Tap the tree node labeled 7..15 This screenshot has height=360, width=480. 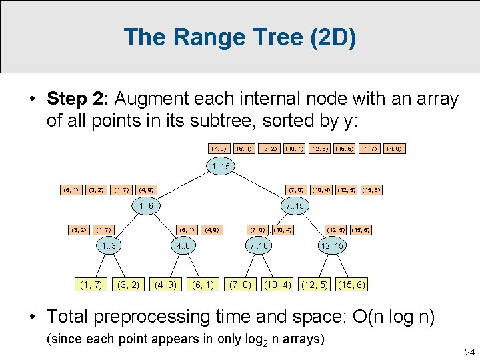point(293,206)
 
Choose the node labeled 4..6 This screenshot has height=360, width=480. point(182,246)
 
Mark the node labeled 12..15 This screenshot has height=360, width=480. point(331,246)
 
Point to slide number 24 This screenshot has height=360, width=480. point(467,352)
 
